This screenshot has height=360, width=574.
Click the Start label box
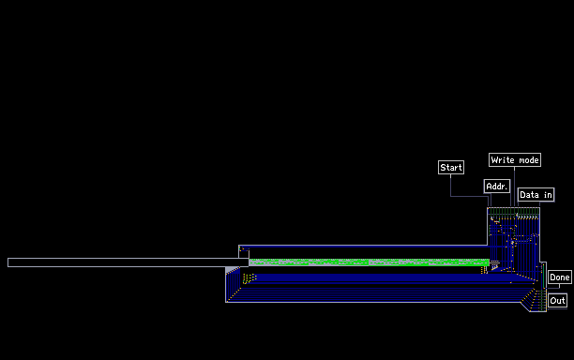click(451, 167)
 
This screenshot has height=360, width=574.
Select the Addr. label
click(497, 187)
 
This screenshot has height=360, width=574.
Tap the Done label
click(559, 277)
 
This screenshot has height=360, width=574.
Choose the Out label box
click(557, 300)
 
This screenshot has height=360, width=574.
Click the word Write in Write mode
click(504, 160)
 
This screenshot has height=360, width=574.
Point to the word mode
click(529, 160)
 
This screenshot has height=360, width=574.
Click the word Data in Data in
click(529, 195)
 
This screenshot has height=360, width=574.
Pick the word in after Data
click(548, 195)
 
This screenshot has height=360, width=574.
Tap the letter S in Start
click(443, 167)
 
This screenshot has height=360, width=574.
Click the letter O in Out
click(552, 300)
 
